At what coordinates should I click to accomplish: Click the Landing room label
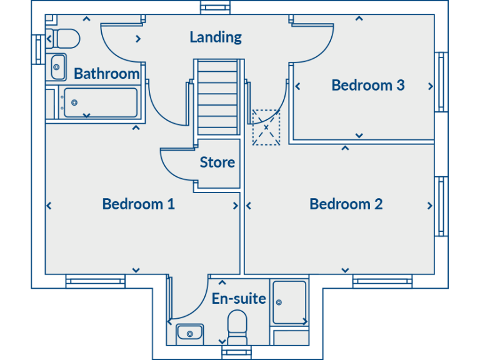[x=216, y=37]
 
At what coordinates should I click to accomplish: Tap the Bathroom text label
[x=106, y=74]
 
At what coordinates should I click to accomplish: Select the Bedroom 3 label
[x=367, y=85]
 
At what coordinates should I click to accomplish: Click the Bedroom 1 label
[x=138, y=204]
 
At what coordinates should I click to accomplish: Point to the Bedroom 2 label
[x=346, y=204]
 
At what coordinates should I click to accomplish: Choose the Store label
[x=217, y=162]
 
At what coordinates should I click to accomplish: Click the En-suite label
[x=239, y=299]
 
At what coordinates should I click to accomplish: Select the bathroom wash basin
[x=57, y=66]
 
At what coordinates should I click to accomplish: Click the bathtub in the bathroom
[x=100, y=102]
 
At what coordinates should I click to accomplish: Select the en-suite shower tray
[x=289, y=302]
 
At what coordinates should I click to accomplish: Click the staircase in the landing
[x=216, y=97]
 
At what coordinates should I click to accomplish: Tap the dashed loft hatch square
[x=266, y=127]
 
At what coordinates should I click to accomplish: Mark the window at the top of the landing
[x=216, y=7]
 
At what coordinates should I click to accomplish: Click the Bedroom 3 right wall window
[x=442, y=82]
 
